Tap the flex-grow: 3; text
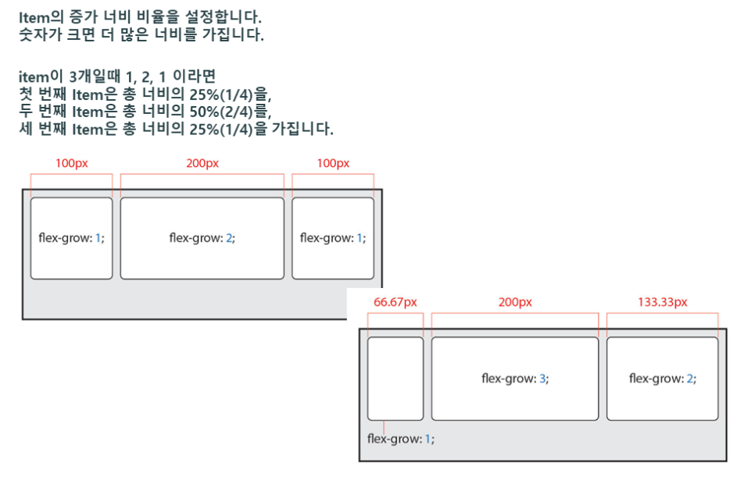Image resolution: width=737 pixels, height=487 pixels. pos(514,379)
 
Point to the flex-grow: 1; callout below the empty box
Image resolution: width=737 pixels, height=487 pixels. pos(400,439)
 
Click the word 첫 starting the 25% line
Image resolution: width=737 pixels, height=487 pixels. pos(25,94)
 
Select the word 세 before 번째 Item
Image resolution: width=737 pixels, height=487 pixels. pos(25,129)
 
